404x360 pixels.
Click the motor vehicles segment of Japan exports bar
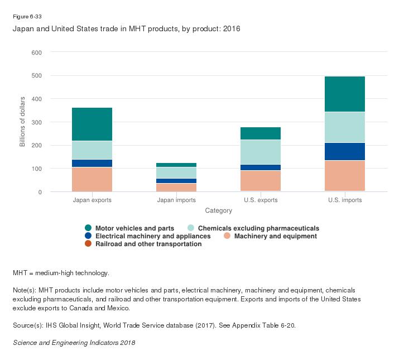coord(92,124)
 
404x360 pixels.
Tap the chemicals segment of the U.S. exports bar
coord(261,152)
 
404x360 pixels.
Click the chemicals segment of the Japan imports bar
coord(176,172)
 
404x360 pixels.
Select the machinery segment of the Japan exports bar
coord(92,179)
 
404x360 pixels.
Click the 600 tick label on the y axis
coord(36,52)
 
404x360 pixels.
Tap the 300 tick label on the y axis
coord(36,122)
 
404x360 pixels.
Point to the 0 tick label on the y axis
coord(40,192)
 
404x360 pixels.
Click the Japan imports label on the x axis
coord(176,200)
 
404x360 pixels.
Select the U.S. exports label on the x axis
coord(261,200)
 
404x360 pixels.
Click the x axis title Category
coord(218,211)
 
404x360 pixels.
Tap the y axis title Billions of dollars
coord(22,122)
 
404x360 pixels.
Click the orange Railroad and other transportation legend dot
coord(88,244)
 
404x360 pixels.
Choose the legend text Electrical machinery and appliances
coord(153,236)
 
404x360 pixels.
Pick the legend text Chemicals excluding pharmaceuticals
coord(259,228)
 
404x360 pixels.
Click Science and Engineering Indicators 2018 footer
coord(74,342)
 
